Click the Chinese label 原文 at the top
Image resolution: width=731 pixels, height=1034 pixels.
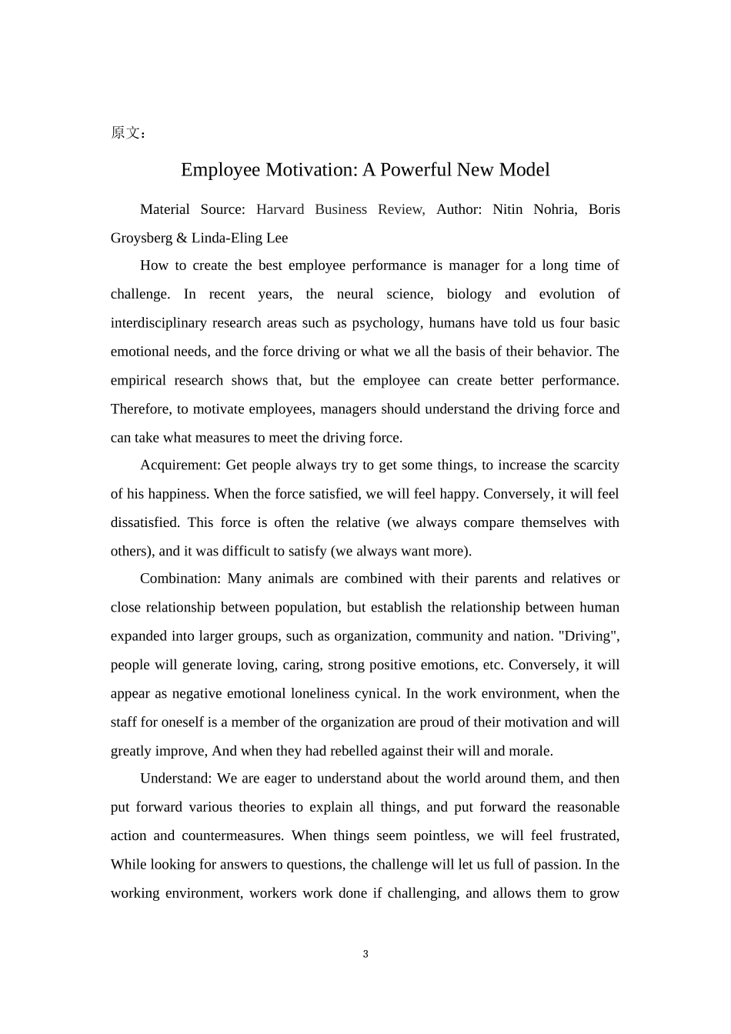(125, 133)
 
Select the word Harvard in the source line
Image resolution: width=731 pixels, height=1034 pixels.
(280, 209)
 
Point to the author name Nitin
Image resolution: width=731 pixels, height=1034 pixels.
(507, 209)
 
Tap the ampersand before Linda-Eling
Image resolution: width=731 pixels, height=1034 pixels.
(182, 238)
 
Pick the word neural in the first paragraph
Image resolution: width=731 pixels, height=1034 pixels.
(355, 294)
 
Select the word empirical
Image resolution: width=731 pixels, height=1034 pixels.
(139, 380)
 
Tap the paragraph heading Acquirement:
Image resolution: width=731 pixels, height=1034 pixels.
(181, 465)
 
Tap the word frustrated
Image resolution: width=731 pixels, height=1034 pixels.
(590, 836)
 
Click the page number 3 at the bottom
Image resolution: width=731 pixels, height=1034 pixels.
(365, 954)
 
